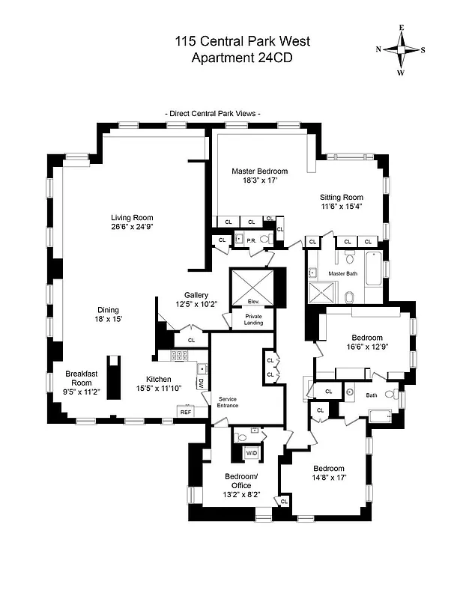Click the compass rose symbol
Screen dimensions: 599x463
tap(402, 50)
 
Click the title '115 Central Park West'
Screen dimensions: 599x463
tap(231, 41)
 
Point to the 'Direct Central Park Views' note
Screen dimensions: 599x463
tap(213, 113)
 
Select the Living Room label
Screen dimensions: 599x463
tap(133, 218)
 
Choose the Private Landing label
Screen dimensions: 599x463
tap(253, 320)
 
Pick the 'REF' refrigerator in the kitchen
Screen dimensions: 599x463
tap(185, 411)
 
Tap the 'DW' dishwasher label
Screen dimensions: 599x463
tap(201, 383)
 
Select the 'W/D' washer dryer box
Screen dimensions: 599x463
tap(252, 453)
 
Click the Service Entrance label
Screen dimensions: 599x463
tap(227, 402)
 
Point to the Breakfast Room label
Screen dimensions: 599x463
tap(78, 378)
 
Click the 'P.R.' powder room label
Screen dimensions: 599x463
tap(252, 240)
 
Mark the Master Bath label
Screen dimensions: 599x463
tap(342, 274)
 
